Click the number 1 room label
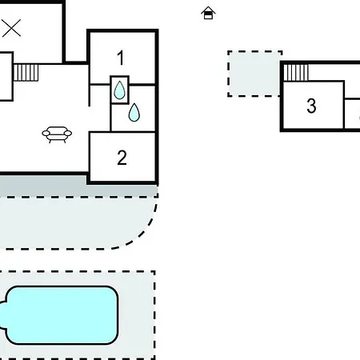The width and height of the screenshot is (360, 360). click(121, 58)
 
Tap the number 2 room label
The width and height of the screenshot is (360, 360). click(122, 158)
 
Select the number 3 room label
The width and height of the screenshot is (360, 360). click(311, 106)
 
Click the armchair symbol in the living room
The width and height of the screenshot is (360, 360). click(57, 134)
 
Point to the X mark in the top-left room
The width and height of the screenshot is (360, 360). click(11, 28)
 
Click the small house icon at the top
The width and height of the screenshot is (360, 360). click(208, 13)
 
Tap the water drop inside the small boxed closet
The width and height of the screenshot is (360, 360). click(119, 90)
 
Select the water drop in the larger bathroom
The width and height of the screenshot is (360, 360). click(134, 112)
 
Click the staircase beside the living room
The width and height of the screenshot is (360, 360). click(26, 72)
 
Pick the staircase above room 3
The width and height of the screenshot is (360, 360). click(296, 72)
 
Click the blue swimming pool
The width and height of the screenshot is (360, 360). click(60, 315)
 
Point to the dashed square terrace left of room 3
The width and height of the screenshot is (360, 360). click(254, 74)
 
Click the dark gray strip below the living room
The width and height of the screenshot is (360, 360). click(79, 186)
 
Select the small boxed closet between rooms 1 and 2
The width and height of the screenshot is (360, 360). click(119, 90)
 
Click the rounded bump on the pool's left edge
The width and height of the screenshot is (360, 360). click(2, 315)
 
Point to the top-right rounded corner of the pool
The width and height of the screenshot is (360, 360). click(114, 290)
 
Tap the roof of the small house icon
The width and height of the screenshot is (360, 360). click(208, 10)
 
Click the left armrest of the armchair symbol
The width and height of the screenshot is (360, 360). click(46, 133)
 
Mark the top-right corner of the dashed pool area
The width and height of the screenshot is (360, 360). click(154, 272)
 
